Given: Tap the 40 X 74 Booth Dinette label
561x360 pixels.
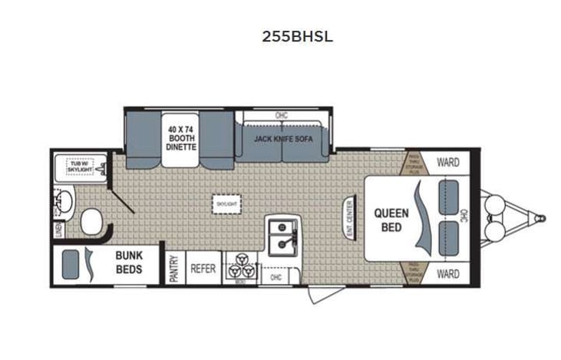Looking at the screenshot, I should [182, 137].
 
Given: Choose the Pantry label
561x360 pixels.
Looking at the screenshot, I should [174, 269].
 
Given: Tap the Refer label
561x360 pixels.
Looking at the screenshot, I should [203, 269].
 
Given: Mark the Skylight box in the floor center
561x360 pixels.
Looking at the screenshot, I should [226, 204].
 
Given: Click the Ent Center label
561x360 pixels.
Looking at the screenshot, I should [349, 219].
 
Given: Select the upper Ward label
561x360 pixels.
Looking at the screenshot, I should [447, 162].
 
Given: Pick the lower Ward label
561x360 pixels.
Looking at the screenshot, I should [447, 274].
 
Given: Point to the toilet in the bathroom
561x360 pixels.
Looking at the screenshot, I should [91, 223].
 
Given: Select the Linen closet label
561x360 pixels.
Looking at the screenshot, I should [58, 230].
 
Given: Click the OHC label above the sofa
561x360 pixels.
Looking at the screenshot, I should [283, 116].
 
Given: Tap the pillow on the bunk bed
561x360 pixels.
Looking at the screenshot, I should [70, 264].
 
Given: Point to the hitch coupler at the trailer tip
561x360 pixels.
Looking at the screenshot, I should [541, 218].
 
